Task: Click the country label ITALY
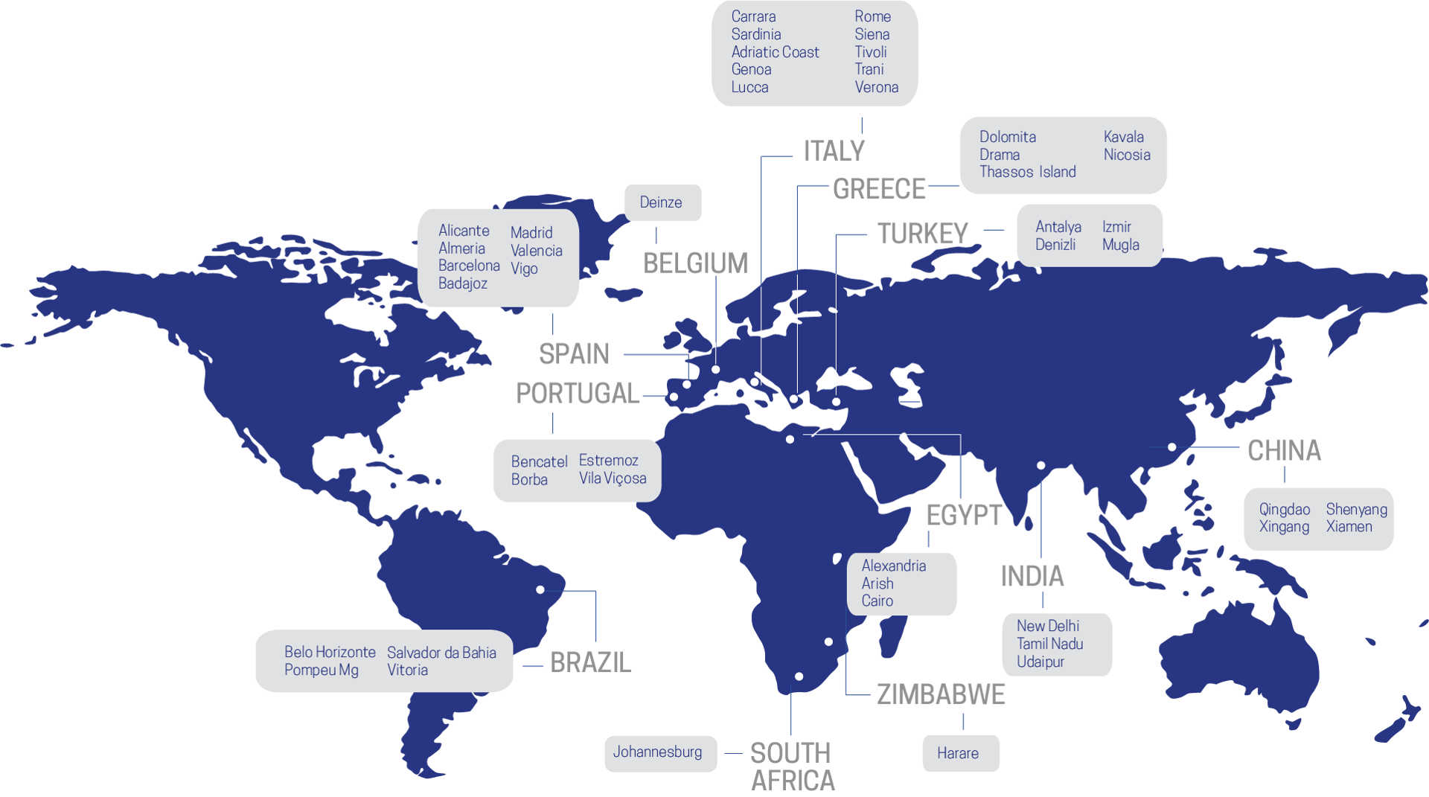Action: coord(834,151)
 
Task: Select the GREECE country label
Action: coord(878,189)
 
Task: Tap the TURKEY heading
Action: coord(922,234)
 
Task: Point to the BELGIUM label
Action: coord(695,263)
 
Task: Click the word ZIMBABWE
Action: coord(941,694)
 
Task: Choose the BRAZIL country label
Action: coord(590,662)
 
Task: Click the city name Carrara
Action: coord(753,16)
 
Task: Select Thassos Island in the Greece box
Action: coord(1027,172)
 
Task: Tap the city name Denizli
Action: coord(1055,245)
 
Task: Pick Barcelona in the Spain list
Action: coord(469,266)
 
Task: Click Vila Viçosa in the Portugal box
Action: coord(613,478)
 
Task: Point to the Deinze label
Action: coord(660,202)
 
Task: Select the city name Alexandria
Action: coord(893,566)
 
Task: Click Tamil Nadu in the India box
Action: coord(1049,644)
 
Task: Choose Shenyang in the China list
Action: coord(1356,510)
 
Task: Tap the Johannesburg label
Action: coord(657,752)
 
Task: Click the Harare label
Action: coord(957,753)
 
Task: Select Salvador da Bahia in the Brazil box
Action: coord(441,653)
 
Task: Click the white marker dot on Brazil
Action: coord(540,590)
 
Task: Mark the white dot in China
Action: coord(1171,447)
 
